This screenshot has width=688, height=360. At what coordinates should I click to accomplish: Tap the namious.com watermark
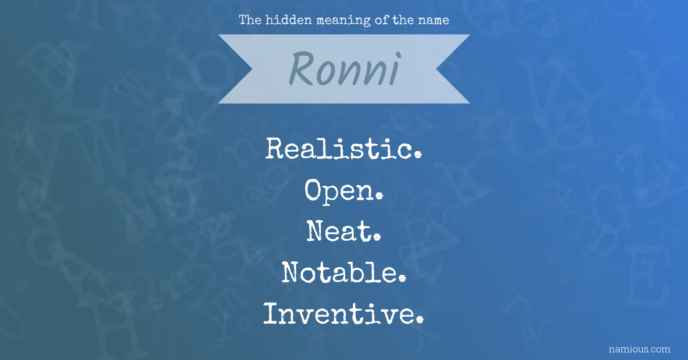click(639, 349)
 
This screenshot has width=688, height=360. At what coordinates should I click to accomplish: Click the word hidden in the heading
click(289, 20)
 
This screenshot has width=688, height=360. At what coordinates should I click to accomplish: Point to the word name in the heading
click(433, 20)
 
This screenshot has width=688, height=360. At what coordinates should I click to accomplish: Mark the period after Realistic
click(418, 155)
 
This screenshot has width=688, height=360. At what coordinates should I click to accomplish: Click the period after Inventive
click(420, 320)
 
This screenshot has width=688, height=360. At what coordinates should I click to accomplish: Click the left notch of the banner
click(252, 69)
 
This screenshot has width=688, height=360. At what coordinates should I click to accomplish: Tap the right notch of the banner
click(436, 69)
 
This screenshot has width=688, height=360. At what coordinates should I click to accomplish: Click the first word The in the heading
click(250, 20)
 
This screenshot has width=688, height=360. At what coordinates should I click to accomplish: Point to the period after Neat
click(377, 237)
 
